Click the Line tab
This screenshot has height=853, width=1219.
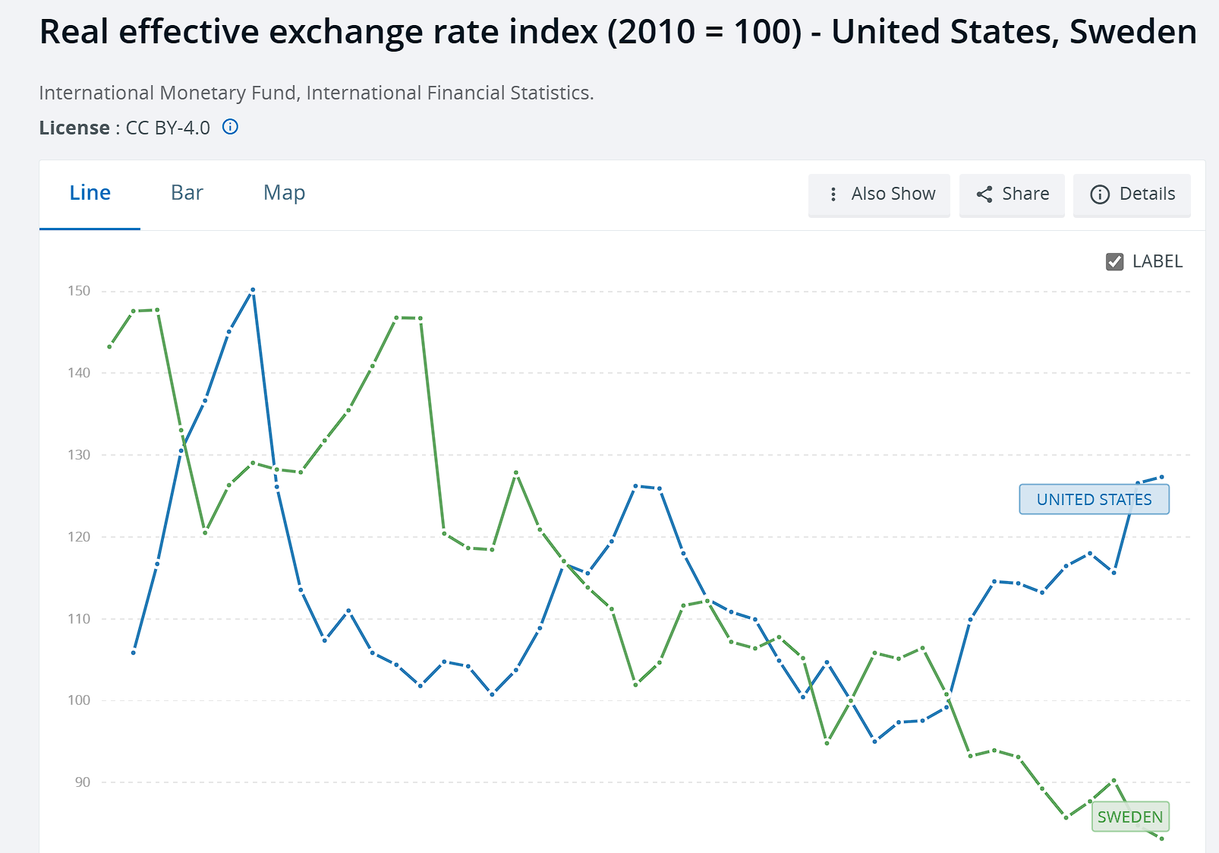pyautogui.click(x=90, y=193)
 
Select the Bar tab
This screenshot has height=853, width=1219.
pyautogui.click(x=187, y=193)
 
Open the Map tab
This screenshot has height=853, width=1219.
pyautogui.click(x=284, y=193)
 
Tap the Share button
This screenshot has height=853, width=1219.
pyautogui.click(x=1012, y=194)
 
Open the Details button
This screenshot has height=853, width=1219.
pyautogui.click(x=1132, y=194)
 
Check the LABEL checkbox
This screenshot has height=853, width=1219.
pyautogui.click(x=1114, y=262)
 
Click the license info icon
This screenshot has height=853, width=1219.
pyautogui.click(x=230, y=127)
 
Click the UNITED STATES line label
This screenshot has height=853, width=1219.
pyautogui.click(x=1094, y=500)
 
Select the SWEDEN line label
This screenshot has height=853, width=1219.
pyautogui.click(x=1129, y=817)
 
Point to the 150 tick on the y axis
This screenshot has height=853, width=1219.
pyautogui.click(x=79, y=291)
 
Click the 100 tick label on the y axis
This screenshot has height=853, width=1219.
pyautogui.click(x=79, y=700)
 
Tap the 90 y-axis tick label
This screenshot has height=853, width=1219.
pyautogui.click(x=82, y=782)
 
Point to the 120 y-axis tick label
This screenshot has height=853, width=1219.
pyautogui.click(x=79, y=537)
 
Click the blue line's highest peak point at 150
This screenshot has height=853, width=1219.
pyautogui.click(x=253, y=290)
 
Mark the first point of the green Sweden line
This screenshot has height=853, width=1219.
pyautogui.click(x=110, y=347)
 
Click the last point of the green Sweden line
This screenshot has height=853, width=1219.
pyautogui.click(x=1161, y=839)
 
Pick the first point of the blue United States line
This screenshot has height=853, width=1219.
pyautogui.click(x=134, y=652)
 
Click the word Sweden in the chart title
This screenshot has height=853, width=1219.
pyautogui.click(x=1132, y=32)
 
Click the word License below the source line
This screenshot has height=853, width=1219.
pyautogui.click(x=74, y=128)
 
